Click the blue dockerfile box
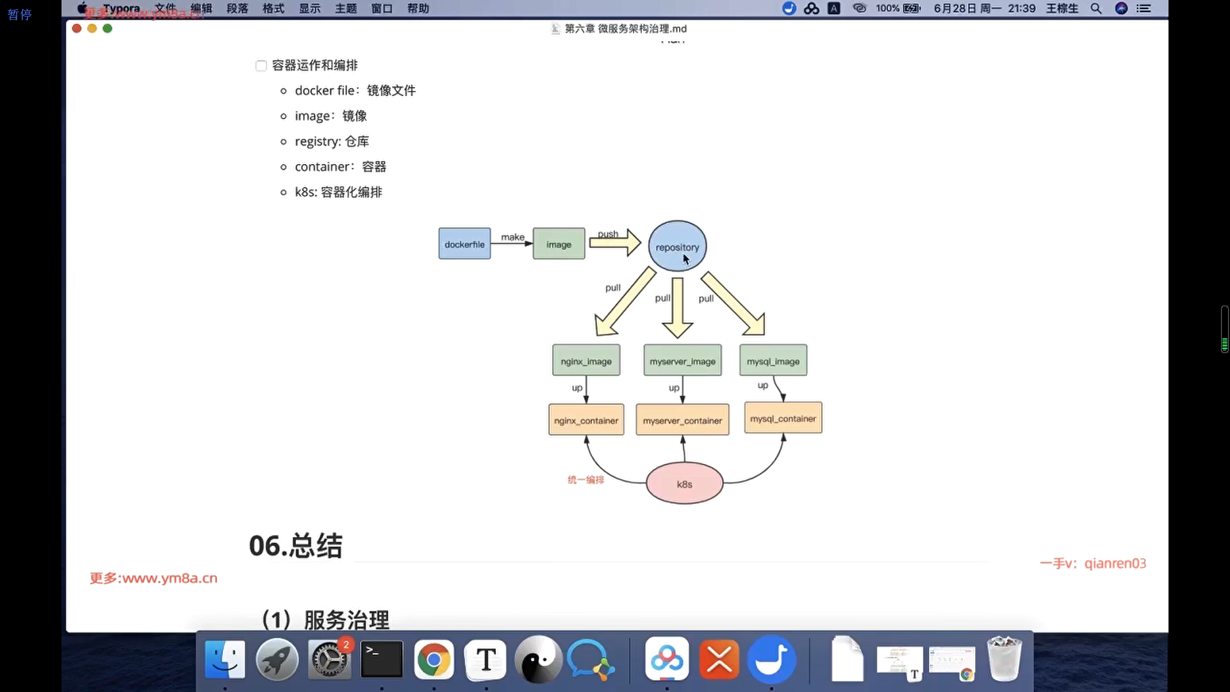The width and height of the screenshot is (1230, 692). pyautogui.click(x=464, y=244)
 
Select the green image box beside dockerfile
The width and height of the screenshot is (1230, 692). pyautogui.click(x=559, y=244)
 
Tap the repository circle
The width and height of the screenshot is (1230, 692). pyautogui.click(x=677, y=247)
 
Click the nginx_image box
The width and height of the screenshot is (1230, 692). pyautogui.click(x=586, y=361)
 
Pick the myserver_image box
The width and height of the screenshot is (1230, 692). pyautogui.click(x=682, y=361)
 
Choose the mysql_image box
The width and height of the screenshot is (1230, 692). pyautogui.click(x=773, y=361)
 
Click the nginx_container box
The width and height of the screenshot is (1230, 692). pyautogui.click(x=586, y=420)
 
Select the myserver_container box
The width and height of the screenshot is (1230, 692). pyautogui.click(x=682, y=420)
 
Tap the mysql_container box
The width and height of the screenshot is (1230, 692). pyautogui.click(x=783, y=418)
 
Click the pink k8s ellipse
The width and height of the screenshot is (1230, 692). pyautogui.click(x=684, y=484)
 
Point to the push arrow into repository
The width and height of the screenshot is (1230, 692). pyautogui.click(x=615, y=243)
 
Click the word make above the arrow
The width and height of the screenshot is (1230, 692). pyautogui.click(x=512, y=237)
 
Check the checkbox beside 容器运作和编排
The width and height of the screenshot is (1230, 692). pyautogui.click(x=261, y=66)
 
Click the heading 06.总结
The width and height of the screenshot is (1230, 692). pyautogui.click(x=295, y=546)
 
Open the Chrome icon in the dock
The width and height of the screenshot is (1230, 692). pyautogui.click(x=434, y=660)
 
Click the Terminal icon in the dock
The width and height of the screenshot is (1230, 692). pyautogui.click(x=382, y=660)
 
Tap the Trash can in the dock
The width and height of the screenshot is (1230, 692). pyautogui.click(x=1004, y=660)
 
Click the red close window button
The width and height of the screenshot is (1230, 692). pyautogui.click(x=77, y=28)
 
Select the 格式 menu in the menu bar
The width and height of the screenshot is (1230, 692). pyautogui.click(x=274, y=8)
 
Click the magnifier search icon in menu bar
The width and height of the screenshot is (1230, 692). pyautogui.click(x=1096, y=8)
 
